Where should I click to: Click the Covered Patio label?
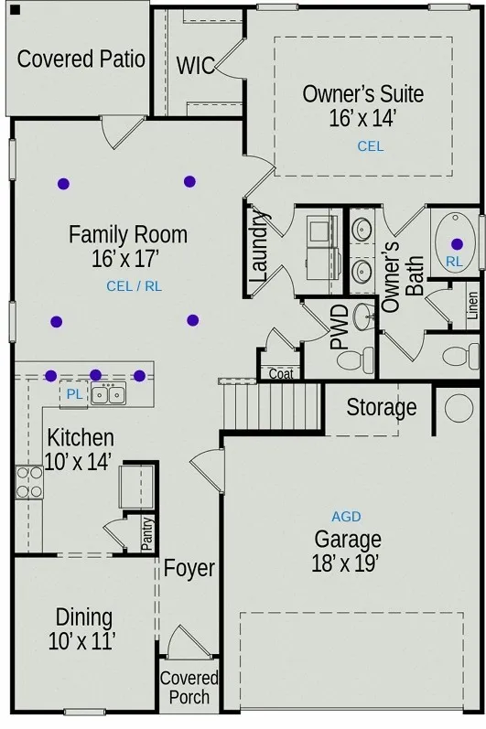pyautogui.click(x=81, y=59)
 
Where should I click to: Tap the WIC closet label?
pyautogui.click(x=195, y=66)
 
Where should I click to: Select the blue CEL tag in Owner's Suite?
pyautogui.click(x=371, y=146)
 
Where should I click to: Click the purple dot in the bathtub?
pyautogui.click(x=457, y=243)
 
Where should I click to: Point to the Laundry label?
pyautogui.click(x=259, y=246)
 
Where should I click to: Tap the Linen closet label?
pyautogui.click(x=472, y=306)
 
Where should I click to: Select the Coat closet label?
pyautogui.click(x=281, y=373)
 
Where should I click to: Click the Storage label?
pyautogui.click(x=382, y=408)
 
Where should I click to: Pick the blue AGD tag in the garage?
pyautogui.click(x=347, y=517)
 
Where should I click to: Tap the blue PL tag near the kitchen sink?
pyautogui.click(x=74, y=394)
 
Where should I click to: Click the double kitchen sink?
pyautogui.click(x=108, y=394)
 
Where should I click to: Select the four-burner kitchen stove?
pyautogui.click(x=29, y=482)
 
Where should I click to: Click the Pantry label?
pyautogui.click(x=147, y=534)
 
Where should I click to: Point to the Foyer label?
pyautogui.click(x=189, y=568)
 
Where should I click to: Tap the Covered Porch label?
pyautogui.click(x=189, y=688)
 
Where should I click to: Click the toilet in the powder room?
pyautogui.click(x=356, y=359)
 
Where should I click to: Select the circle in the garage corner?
pyautogui.click(x=459, y=408)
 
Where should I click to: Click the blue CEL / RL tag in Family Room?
pyautogui.click(x=134, y=286)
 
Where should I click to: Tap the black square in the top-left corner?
pyautogui.click(x=15, y=9)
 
